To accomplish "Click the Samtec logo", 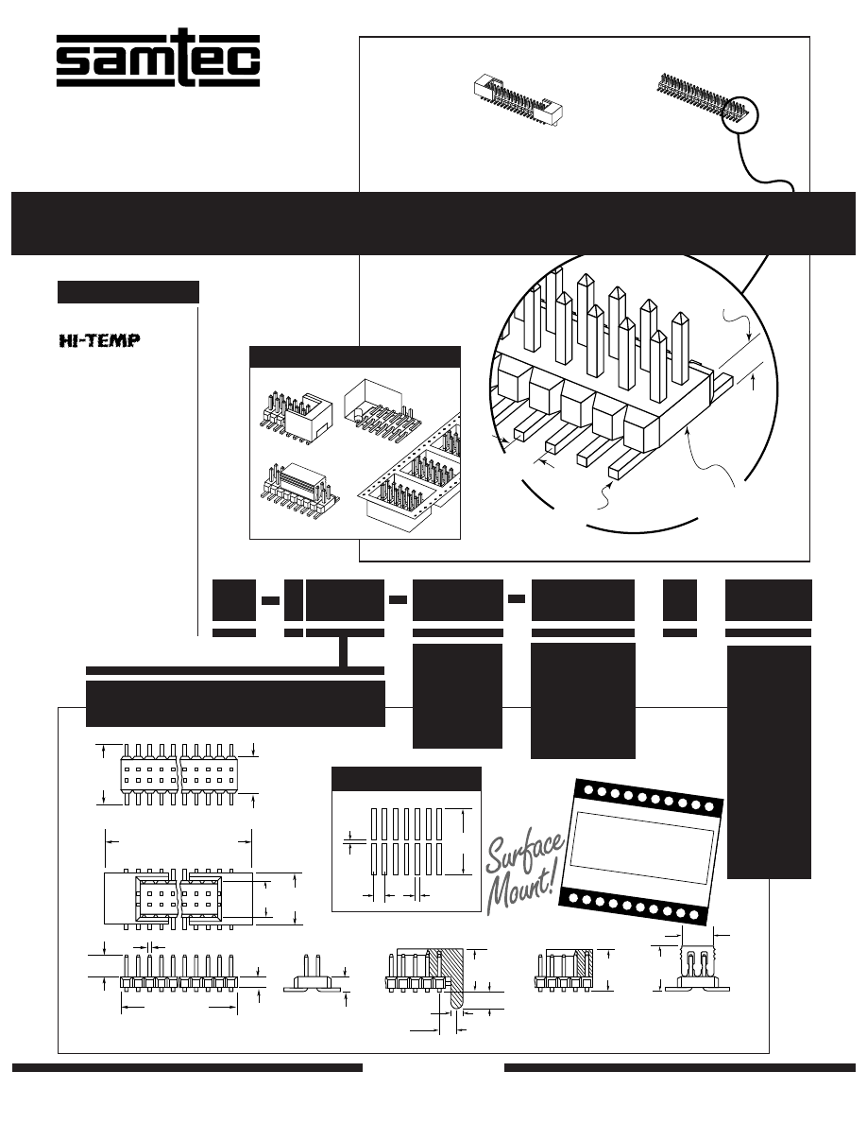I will click(x=158, y=61).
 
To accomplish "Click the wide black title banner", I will click(x=433, y=223).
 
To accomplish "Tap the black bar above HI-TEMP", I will click(x=127, y=292).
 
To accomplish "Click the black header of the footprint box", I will click(x=407, y=780).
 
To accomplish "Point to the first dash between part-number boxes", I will click(x=270, y=599).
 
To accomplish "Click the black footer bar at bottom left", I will click(x=187, y=1068).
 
